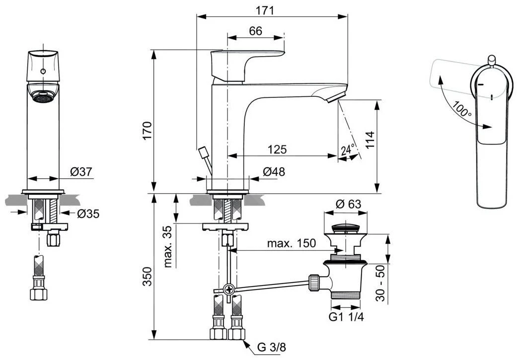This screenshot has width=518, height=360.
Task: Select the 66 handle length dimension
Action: [255, 31]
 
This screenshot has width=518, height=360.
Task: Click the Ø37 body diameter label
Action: [81, 172]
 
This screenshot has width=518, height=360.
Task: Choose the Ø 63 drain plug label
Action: [348, 204]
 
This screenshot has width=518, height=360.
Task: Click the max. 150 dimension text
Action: [292, 243]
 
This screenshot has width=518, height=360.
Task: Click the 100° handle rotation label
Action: [461, 110]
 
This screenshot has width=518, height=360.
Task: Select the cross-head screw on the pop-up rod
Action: [229, 289]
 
